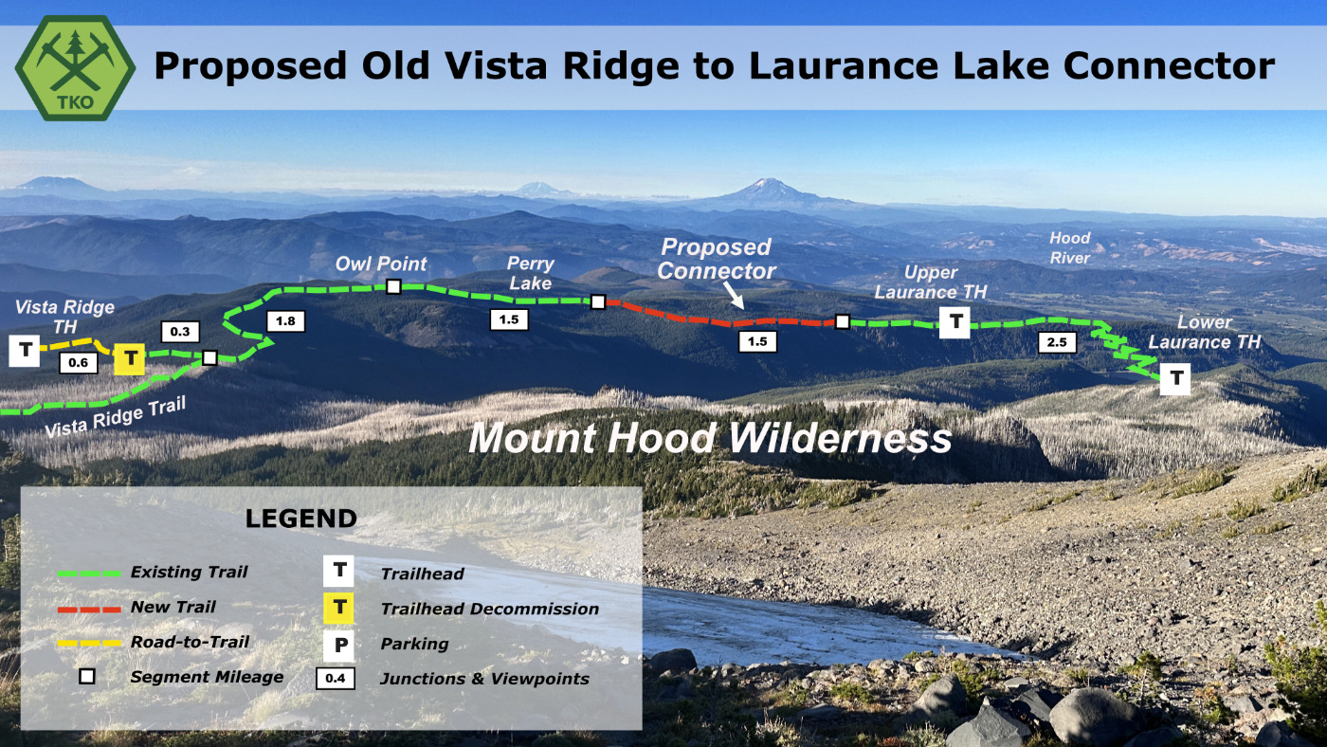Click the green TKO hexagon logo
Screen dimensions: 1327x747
tap(75, 68)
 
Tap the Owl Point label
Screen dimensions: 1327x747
tap(381, 264)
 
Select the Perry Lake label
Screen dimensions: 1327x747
tap(530, 273)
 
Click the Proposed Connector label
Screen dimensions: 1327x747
tap(717, 259)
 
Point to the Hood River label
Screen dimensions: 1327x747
tap(1070, 247)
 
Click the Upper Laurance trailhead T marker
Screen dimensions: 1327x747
tap(955, 322)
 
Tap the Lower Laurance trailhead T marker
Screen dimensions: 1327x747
tap(1175, 378)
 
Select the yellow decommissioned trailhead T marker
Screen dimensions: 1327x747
tap(130, 359)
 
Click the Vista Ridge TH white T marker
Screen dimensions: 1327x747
tap(25, 351)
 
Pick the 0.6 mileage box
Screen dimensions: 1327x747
tap(78, 362)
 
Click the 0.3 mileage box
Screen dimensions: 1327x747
tap(180, 332)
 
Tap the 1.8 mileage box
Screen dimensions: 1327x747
tap(285, 321)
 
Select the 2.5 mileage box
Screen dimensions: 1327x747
tap(1057, 342)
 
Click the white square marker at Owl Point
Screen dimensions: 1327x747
tap(393, 287)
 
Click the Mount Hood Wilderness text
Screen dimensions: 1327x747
tap(710, 438)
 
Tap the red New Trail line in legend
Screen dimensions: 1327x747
tap(89, 610)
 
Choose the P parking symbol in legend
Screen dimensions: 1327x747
tap(339, 646)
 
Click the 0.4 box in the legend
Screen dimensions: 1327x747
tap(336, 679)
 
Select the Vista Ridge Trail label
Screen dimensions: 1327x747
tap(116, 417)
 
